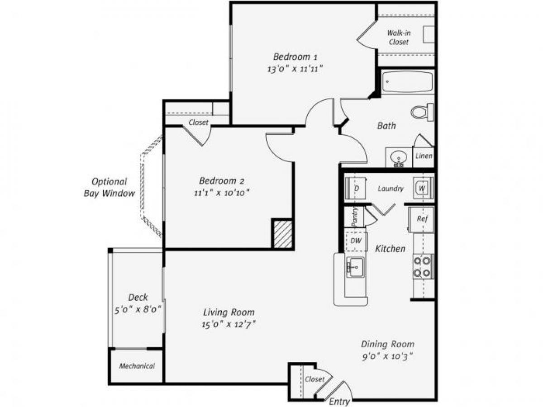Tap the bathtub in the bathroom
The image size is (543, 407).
(407, 82)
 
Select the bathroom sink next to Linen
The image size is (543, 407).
(399, 157)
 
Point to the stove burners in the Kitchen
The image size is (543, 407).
(423, 267)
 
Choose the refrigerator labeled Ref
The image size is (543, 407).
(422, 219)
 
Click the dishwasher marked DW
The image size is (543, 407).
(356, 241)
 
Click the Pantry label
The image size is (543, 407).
(355, 217)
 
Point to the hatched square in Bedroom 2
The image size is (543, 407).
(282, 234)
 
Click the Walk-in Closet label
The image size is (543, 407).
(398, 37)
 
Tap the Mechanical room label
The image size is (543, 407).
(137, 366)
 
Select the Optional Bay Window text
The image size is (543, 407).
(110, 188)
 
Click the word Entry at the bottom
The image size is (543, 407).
(338, 402)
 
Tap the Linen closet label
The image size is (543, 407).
(424, 156)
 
